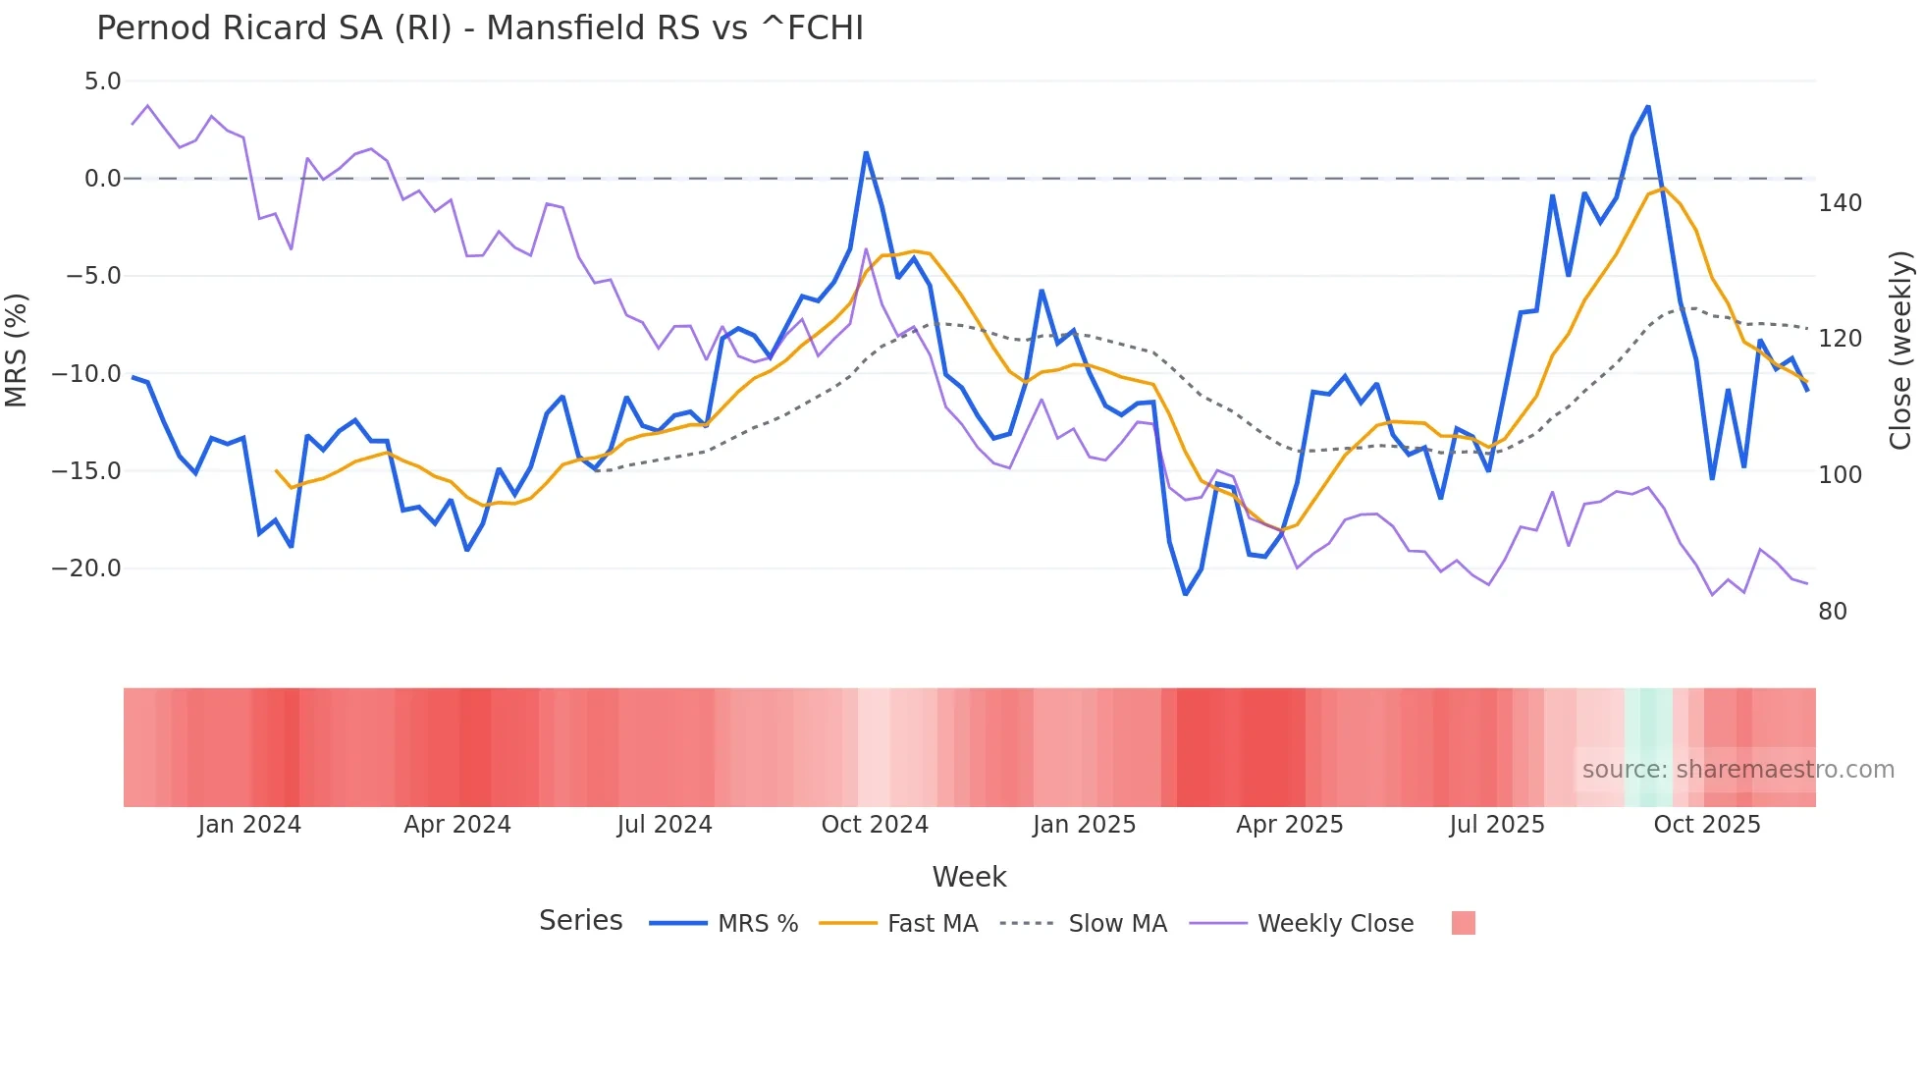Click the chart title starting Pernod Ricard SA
479,28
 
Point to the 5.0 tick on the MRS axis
102,81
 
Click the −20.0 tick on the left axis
86,568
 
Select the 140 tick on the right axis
1840,203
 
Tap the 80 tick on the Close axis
1833,612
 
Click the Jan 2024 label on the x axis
249,825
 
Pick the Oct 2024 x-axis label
875,825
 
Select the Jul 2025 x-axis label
1497,825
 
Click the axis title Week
969,877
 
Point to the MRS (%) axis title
17,351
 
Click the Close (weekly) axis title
1901,351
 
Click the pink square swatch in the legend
1463,923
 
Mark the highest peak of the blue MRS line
1648,106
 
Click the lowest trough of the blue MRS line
1186,594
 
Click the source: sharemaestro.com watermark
1737,770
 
